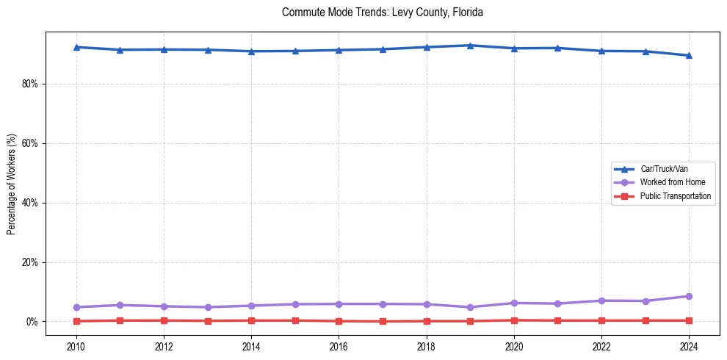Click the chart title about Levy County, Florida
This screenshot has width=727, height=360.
pyautogui.click(x=382, y=12)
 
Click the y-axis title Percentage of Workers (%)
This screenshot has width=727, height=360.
pyautogui.click(x=11, y=184)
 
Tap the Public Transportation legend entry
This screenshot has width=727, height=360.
pyautogui.click(x=675, y=196)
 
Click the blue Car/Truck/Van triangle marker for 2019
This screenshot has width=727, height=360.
pyautogui.click(x=470, y=46)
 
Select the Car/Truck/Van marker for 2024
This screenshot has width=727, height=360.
pyautogui.click(x=689, y=55)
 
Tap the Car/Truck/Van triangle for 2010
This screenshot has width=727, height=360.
pyautogui.click(x=76, y=47)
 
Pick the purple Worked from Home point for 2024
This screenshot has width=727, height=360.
pyautogui.click(x=689, y=296)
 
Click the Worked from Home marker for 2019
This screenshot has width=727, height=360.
pyautogui.click(x=470, y=307)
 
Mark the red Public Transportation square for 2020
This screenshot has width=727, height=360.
pyautogui.click(x=514, y=320)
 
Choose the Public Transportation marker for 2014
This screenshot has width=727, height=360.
pyautogui.click(x=251, y=320)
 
